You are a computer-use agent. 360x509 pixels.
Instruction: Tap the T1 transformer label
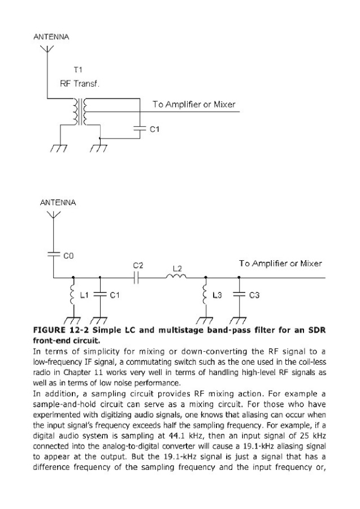tap(77, 71)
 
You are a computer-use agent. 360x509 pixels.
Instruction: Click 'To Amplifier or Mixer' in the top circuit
tap(193, 105)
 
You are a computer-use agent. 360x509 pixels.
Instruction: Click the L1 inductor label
tap(84, 295)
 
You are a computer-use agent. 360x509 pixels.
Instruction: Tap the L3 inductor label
tap(217, 295)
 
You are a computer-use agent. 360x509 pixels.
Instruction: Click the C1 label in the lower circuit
tap(113, 295)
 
